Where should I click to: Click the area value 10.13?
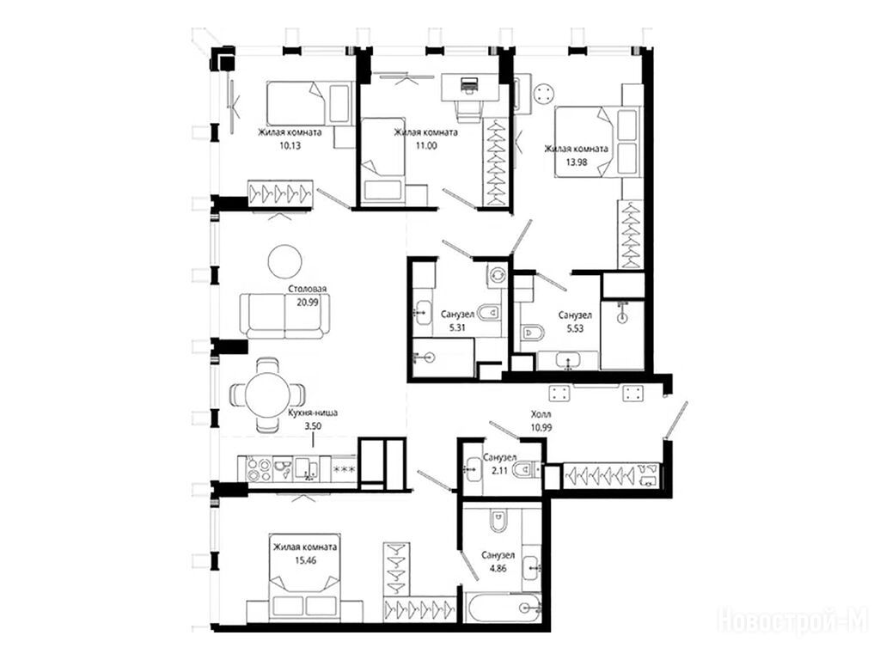pos(290,146)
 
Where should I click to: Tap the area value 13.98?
pos(576,162)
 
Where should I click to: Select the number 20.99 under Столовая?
pos(308,302)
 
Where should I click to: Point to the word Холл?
pos(541,415)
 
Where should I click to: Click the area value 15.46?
pos(305,559)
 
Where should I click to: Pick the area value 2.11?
pos(499,470)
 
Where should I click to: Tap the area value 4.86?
pos(498,568)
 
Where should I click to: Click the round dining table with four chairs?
pos(268,395)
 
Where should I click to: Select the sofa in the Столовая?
pos(284,316)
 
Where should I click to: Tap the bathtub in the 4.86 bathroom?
pos(503,607)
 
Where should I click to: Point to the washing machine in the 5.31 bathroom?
pos(498,275)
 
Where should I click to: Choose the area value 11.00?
pos(425,146)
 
